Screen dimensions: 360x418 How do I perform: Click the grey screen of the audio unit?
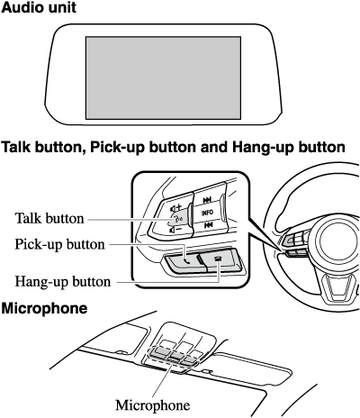[x=163, y=78]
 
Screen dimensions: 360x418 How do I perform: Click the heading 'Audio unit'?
[x=39, y=7]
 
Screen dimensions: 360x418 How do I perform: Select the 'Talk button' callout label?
[x=49, y=218]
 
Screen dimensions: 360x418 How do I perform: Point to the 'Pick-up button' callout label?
[x=59, y=244]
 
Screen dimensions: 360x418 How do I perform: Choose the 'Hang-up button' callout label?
[x=63, y=281]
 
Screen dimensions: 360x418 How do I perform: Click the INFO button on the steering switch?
[x=207, y=213]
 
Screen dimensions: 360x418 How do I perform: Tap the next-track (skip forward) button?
[x=207, y=200]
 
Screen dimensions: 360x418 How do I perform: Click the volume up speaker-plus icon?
[x=175, y=208]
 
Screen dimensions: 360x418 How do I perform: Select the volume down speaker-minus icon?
[x=175, y=231]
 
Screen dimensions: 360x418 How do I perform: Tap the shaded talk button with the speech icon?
[x=180, y=219]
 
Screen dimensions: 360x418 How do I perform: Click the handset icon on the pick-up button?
[x=187, y=260]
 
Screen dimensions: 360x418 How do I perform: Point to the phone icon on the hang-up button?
[x=219, y=259]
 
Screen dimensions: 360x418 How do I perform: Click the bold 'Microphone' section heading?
[x=44, y=308]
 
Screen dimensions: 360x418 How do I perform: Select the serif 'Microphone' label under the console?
[x=153, y=404]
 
